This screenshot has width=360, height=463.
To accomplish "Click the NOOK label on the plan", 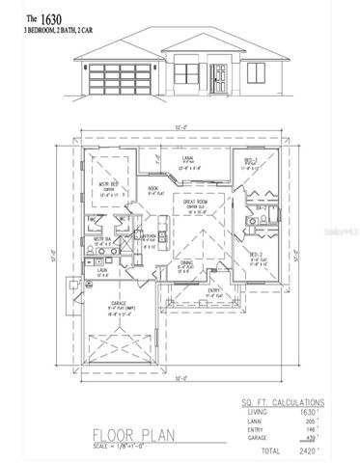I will (x=152, y=189).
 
